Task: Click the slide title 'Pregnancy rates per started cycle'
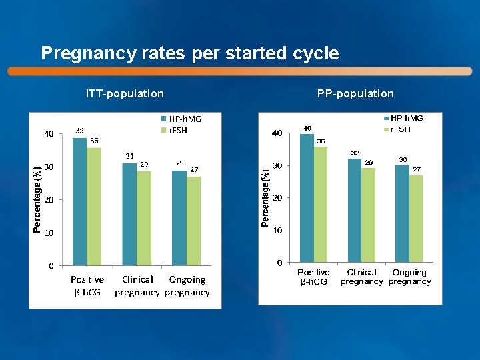(x=190, y=53)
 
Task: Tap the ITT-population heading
(x=125, y=93)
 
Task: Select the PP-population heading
(x=355, y=93)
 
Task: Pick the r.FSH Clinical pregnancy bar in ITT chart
(x=143, y=219)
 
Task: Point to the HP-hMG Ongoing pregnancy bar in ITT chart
(x=179, y=218)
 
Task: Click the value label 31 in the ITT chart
(x=130, y=156)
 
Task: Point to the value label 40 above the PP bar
(x=307, y=128)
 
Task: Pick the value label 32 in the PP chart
(x=355, y=153)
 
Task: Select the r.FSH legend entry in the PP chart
(x=401, y=129)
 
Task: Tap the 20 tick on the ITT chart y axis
(x=49, y=200)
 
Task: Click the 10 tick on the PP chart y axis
(x=277, y=230)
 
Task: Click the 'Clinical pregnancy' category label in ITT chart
(x=137, y=286)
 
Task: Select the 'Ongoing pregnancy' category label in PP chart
(x=409, y=277)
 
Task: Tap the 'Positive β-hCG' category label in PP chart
(x=313, y=277)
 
